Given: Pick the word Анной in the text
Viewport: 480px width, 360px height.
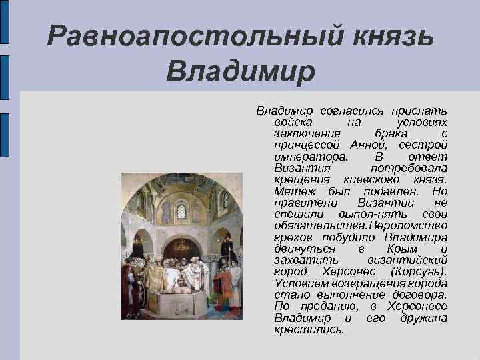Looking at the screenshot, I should tap(373, 145).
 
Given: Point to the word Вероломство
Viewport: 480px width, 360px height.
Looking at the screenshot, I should tap(411, 225).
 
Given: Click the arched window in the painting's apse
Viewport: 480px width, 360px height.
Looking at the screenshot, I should tap(181, 211).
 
